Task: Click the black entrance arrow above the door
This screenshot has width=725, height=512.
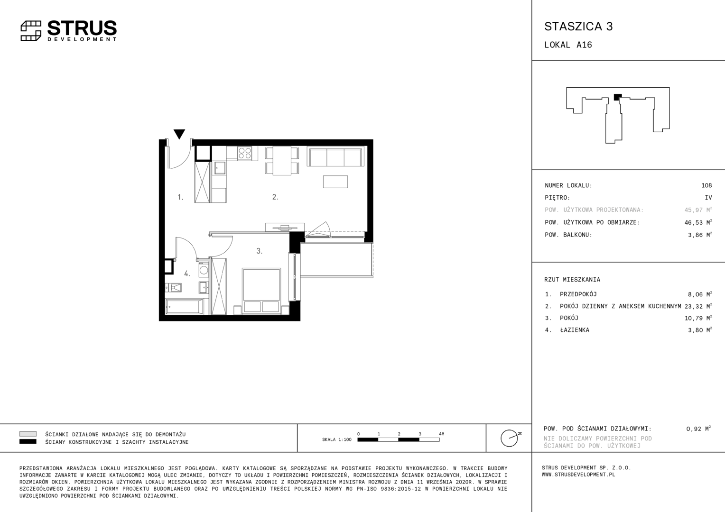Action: point(179,134)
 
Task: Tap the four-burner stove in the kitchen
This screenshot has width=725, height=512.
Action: point(244,153)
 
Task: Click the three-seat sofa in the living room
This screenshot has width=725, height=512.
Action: point(335,157)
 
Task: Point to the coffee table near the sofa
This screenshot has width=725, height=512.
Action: point(335,182)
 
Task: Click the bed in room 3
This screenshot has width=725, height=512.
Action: point(261,291)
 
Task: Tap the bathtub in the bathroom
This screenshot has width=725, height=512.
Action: point(185,307)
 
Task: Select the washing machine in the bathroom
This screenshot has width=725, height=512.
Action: point(204,270)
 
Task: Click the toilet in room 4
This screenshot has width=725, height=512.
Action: point(173,288)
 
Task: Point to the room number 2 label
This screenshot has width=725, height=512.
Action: point(275,197)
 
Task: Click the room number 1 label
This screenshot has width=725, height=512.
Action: point(181,197)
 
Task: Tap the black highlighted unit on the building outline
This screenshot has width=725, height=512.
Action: point(618,97)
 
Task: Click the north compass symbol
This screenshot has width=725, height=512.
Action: point(511,438)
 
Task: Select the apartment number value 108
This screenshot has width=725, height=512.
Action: point(706,185)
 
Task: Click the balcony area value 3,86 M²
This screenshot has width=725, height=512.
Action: point(700,235)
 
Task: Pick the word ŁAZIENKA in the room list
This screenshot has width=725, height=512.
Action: point(575,330)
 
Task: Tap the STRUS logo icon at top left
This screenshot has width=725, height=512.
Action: point(31,31)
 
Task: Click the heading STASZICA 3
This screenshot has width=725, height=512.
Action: point(578,27)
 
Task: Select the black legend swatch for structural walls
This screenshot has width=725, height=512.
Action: point(28,442)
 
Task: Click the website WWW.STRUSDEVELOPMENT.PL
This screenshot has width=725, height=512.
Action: point(578,475)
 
